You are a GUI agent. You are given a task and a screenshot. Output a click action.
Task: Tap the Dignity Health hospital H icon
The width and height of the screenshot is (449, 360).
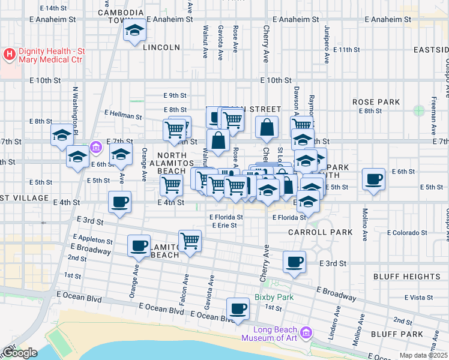[10, 55]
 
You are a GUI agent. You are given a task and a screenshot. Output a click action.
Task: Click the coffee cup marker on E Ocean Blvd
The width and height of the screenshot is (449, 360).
[238, 309]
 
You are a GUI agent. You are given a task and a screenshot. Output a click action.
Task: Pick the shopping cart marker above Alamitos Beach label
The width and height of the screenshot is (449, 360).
[190, 241]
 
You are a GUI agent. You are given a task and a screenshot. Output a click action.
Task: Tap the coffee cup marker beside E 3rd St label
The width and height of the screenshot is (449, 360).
[294, 262]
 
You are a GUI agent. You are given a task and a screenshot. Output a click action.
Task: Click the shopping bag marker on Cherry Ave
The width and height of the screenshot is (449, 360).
[267, 127]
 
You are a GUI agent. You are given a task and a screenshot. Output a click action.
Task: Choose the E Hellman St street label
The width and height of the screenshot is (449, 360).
[122, 113]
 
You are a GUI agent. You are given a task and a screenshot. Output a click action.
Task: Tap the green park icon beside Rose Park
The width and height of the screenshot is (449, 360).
[418, 110]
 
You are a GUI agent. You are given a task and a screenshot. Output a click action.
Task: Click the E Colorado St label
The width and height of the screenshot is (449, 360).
[407, 233]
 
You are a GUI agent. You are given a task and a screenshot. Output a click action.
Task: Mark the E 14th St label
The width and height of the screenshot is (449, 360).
[53, 8]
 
